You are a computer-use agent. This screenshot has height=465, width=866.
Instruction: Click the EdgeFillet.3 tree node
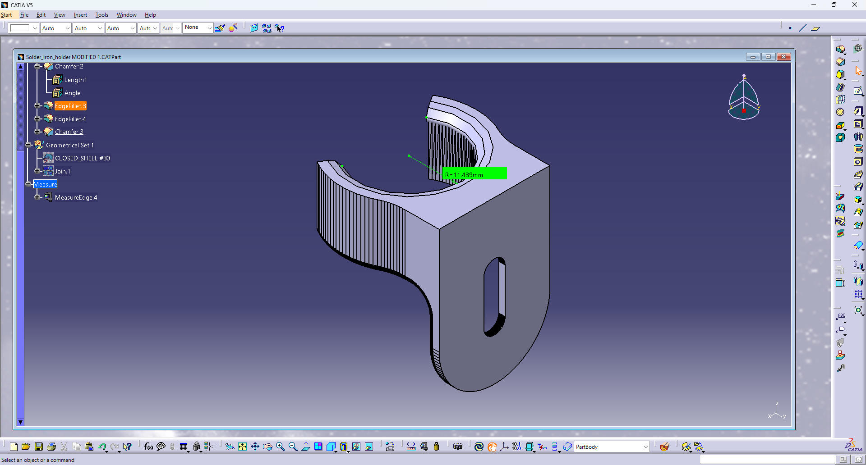click(x=70, y=106)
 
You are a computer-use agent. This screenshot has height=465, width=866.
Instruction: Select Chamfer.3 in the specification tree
click(x=69, y=132)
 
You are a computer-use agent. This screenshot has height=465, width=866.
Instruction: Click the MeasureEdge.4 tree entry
click(x=76, y=197)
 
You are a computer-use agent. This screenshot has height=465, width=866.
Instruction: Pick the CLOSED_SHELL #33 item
click(x=83, y=158)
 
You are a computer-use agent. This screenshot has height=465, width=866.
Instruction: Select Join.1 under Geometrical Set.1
click(x=62, y=171)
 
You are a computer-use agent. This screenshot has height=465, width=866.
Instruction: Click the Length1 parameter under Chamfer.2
click(x=75, y=80)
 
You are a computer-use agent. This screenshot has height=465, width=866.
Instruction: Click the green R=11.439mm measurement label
click(x=474, y=173)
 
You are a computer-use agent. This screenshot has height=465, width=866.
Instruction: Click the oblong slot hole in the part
click(x=494, y=296)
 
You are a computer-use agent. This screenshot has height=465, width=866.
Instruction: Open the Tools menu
click(x=101, y=15)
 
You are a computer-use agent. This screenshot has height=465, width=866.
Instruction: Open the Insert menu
click(x=80, y=15)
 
